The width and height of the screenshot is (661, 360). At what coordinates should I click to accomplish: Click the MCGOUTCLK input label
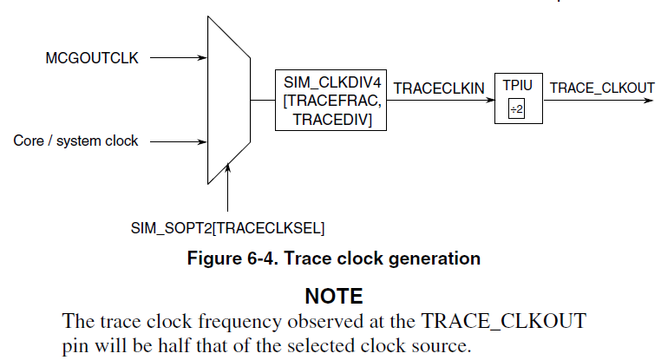[x=92, y=58]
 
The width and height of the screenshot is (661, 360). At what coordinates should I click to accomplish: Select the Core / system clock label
[x=75, y=141]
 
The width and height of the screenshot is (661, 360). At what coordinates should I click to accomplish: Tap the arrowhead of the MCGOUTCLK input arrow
[x=203, y=58]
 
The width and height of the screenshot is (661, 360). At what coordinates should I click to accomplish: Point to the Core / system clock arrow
[x=179, y=142]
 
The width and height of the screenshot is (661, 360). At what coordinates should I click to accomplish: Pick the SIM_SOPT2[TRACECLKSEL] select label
[x=227, y=228]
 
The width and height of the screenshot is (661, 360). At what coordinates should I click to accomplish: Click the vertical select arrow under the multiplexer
[x=227, y=187]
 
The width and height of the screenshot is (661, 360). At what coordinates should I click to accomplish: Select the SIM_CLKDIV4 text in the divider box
[x=332, y=82]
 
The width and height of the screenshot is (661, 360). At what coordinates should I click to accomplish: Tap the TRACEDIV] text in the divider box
[x=332, y=120]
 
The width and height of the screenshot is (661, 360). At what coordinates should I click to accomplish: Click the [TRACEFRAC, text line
[x=332, y=101]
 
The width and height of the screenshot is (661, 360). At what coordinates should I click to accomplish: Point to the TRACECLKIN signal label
[x=439, y=88]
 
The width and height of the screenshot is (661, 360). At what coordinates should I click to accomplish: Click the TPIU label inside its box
[x=517, y=86]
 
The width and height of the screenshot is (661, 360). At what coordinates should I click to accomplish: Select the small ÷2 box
[x=516, y=108]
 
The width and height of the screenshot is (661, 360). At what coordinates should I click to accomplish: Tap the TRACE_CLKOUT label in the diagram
[x=602, y=88]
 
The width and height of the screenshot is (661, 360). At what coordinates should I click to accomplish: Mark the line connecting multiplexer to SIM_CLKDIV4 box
[x=263, y=101]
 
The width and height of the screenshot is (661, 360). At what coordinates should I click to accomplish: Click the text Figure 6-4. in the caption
[x=232, y=259]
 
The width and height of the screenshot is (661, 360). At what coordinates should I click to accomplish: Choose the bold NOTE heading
[x=334, y=296]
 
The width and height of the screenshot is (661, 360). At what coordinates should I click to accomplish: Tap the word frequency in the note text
[x=239, y=322]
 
